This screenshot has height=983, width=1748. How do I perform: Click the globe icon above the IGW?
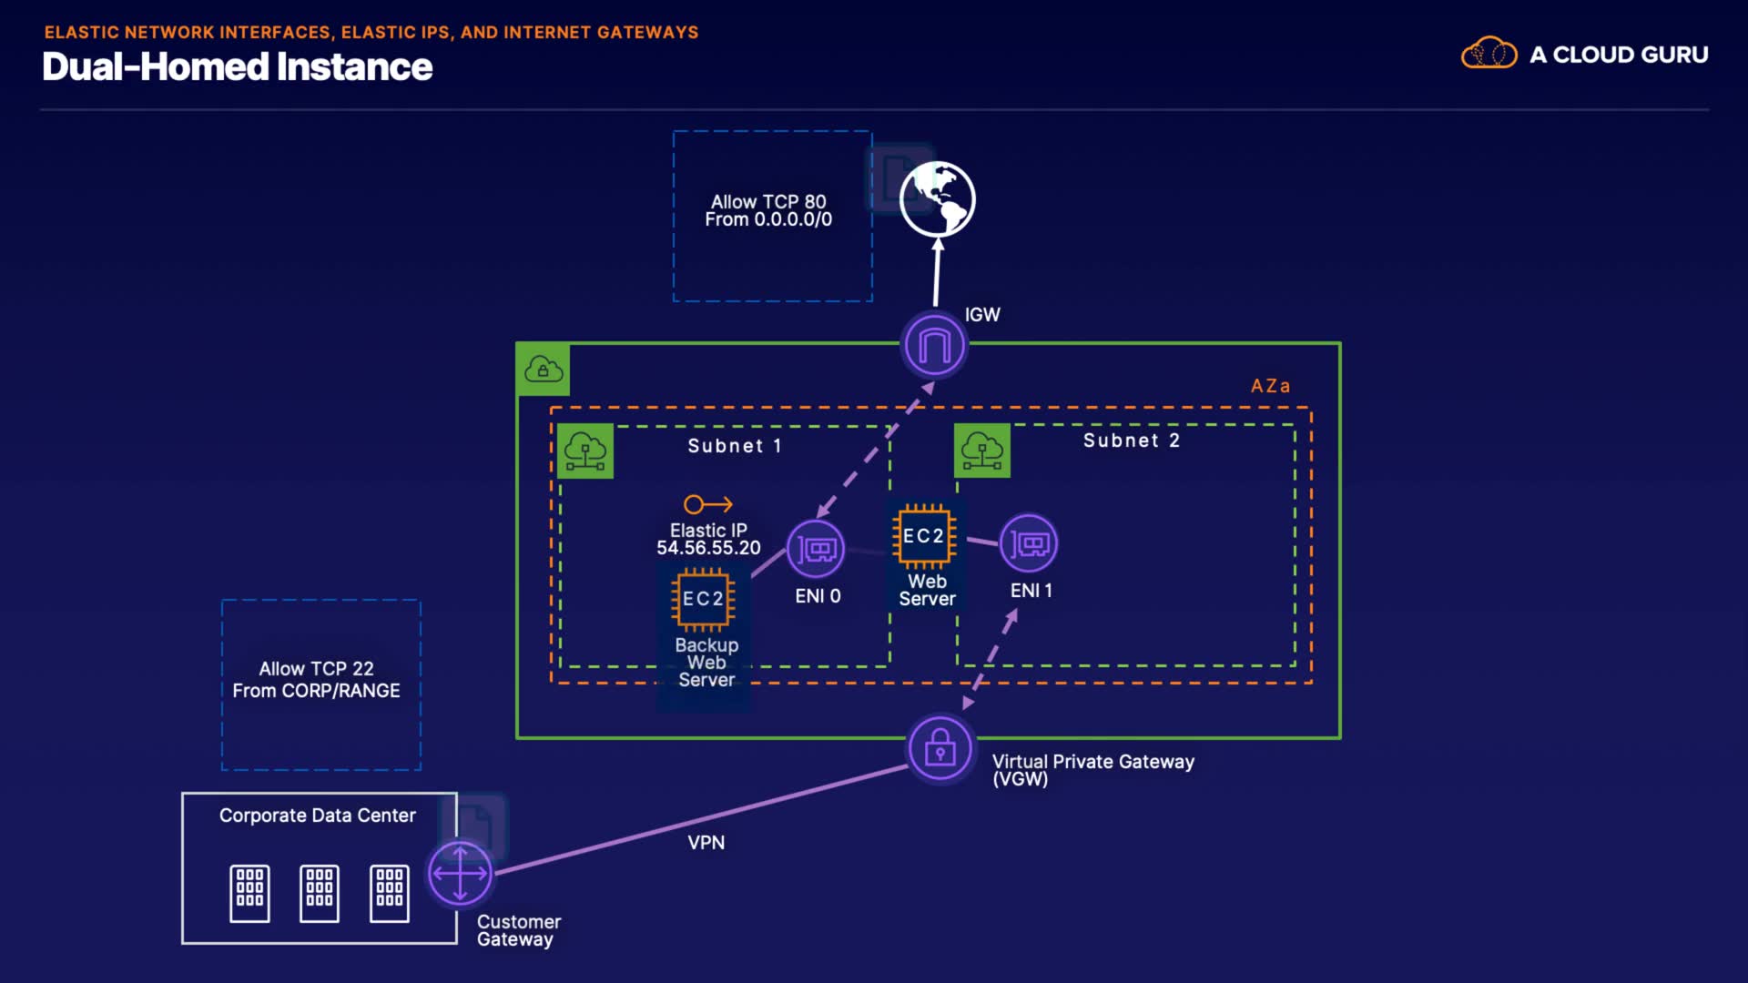(x=937, y=199)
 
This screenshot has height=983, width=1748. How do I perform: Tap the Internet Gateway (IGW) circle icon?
(x=934, y=346)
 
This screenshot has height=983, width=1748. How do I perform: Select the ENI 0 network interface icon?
(x=816, y=549)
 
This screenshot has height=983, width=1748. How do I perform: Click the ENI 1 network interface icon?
(x=1029, y=544)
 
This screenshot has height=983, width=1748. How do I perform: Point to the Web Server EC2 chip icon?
(x=924, y=536)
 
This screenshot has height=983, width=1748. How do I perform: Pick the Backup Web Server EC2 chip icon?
(x=703, y=599)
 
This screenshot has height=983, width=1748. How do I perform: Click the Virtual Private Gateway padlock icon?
(x=940, y=749)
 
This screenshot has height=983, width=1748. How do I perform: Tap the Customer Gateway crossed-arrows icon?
(x=460, y=874)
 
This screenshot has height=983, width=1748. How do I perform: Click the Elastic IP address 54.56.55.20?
(x=708, y=548)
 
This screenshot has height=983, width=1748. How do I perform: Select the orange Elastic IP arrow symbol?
(x=708, y=504)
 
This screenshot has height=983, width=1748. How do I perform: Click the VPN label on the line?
(x=706, y=843)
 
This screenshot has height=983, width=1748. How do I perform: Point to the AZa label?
(x=1270, y=386)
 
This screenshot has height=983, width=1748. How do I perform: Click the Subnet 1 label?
(x=734, y=446)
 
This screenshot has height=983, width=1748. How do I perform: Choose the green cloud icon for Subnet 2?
(x=981, y=451)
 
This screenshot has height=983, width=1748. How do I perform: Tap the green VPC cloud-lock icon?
(x=544, y=370)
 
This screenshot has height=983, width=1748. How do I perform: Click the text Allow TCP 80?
(x=768, y=201)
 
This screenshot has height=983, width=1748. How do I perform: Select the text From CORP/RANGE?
(x=316, y=691)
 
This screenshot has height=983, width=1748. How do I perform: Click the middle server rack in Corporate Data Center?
(x=320, y=893)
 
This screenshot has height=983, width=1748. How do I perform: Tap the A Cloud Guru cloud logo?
(x=1489, y=54)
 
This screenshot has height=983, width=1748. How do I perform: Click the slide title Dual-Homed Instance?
(x=238, y=67)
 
